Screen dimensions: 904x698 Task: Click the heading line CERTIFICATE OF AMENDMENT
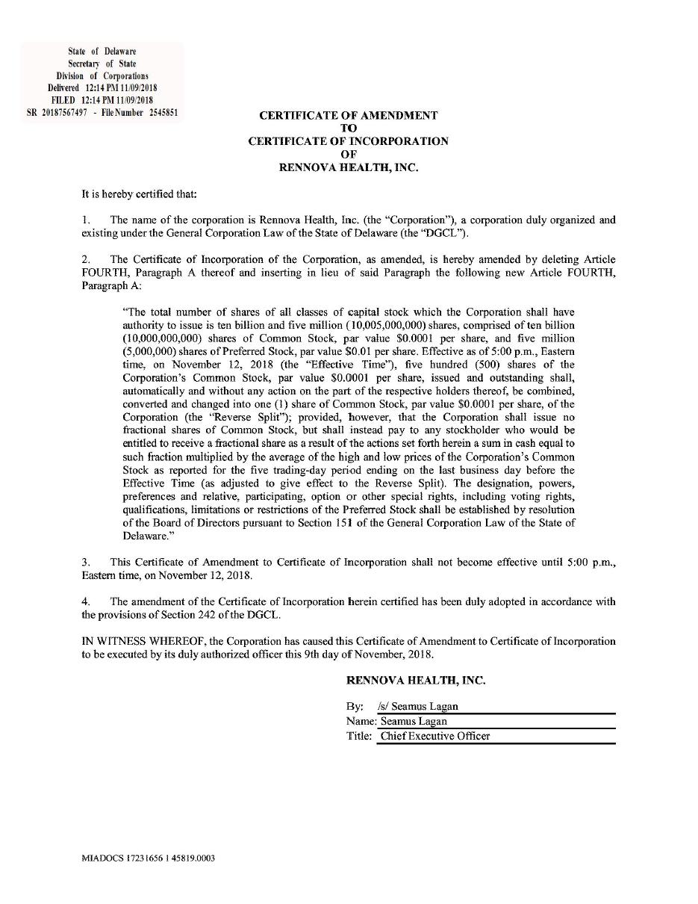348,116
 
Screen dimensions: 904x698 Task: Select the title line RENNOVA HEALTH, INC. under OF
348,167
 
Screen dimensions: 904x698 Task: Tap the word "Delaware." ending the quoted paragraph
143,536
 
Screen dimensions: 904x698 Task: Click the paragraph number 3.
85,562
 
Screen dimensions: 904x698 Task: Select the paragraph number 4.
85,601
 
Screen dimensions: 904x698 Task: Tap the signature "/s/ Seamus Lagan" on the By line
418,706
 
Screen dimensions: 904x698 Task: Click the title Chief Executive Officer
435,736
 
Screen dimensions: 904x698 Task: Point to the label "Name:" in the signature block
361,721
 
